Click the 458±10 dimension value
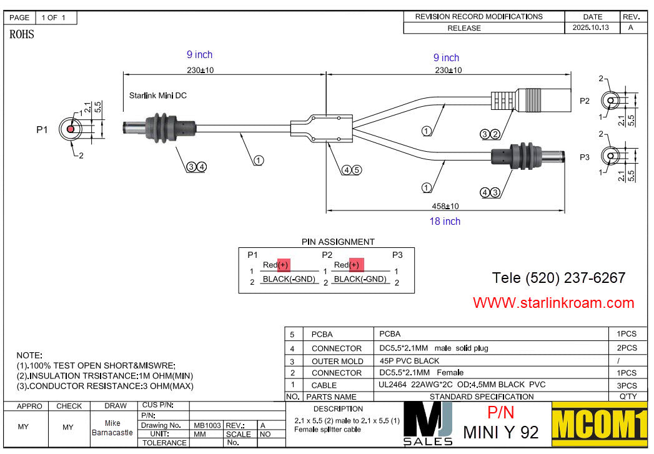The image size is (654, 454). (445, 205)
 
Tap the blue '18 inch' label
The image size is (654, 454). (445, 221)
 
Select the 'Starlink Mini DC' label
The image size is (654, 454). (157, 96)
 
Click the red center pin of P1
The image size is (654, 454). (71, 129)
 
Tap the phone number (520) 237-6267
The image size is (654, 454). (558, 278)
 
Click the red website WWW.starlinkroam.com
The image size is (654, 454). (553, 303)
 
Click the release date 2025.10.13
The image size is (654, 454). (590, 28)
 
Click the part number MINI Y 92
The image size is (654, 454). (500, 432)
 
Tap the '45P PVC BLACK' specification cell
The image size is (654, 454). (409, 360)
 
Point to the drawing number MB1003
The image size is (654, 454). (207, 425)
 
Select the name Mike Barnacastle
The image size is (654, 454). (112, 428)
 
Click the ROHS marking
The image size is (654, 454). (22, 35)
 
